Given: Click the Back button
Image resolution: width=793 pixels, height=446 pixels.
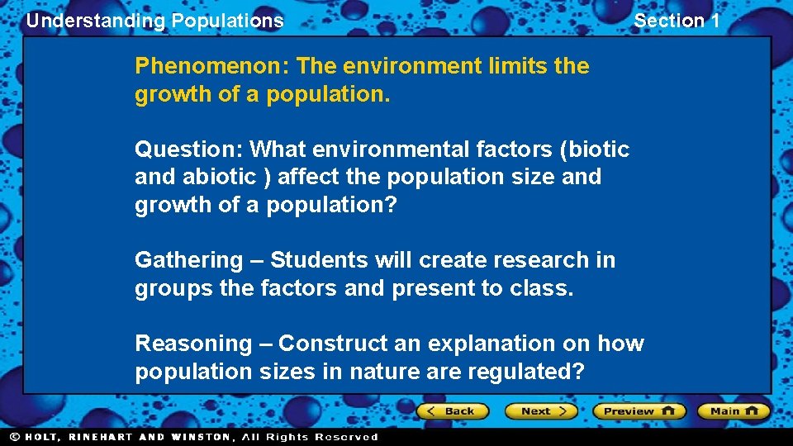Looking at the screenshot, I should [453, 410].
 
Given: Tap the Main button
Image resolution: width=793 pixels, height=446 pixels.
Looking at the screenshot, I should [734, 410].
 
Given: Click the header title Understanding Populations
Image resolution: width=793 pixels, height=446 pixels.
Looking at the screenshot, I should [154, 21].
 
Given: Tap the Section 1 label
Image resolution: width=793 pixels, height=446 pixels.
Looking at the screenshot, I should [677, 21].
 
